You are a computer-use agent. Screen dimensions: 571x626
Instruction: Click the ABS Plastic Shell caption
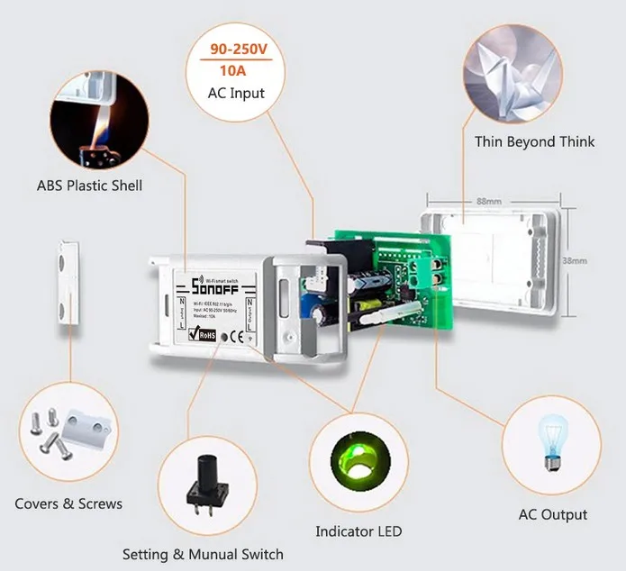89,186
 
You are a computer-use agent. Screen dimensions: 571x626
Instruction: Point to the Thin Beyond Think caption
534,141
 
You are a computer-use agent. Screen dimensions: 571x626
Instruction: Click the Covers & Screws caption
68,503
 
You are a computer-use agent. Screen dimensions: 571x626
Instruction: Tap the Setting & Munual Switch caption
203,554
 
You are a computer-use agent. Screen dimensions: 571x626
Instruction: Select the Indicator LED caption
358,530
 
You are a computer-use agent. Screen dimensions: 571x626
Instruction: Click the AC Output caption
553,515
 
